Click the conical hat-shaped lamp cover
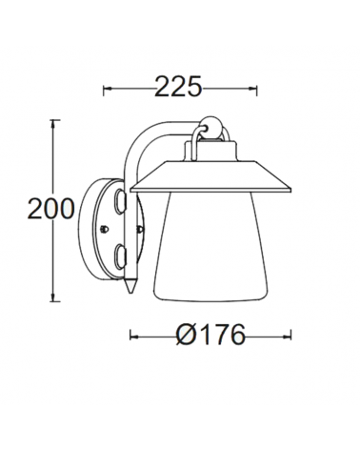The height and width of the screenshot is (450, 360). (x=211, y=174)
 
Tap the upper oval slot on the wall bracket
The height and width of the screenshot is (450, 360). (x=118, y=202)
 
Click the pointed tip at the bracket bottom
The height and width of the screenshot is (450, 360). (x=128, y=287)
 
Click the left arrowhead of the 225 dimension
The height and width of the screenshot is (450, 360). (x=107, y=89)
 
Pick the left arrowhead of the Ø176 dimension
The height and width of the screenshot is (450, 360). (x=134, y=336)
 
